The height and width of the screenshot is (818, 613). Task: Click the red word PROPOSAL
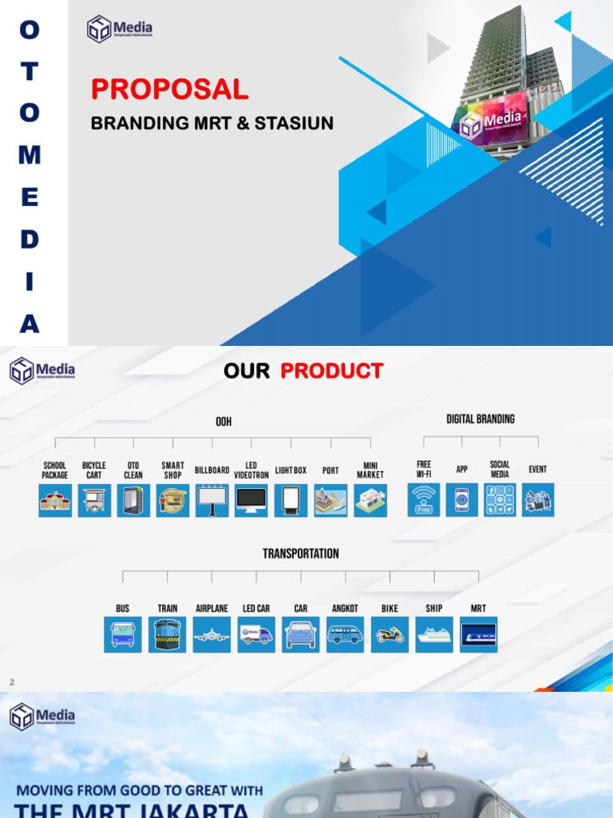tap(169, 89)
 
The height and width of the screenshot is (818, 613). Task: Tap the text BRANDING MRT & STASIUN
tap(212, 124)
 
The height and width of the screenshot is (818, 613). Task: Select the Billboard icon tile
tap(212, 500)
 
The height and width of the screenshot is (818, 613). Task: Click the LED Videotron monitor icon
tap(251, 500)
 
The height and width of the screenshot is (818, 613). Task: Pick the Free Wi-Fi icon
tap(424, 500)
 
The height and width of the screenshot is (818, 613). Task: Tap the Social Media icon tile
tap(500, 500)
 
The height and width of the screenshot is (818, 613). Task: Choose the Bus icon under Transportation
tap(123, 634)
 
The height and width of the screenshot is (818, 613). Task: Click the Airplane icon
tap(212, 634)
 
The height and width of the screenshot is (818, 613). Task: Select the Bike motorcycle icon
tap(390, 634)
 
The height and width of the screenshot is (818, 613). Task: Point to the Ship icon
tap(434, 634)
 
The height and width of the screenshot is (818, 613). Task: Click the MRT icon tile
tap(478, 634)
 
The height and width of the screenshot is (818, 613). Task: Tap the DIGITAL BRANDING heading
tap(480, 419)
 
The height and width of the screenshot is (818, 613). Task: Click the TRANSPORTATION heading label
tap(301, 554)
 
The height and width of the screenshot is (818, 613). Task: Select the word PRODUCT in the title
tap(331, 371)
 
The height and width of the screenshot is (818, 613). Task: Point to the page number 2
tap(12, 682)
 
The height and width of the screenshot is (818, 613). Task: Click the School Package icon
tap(55, 500)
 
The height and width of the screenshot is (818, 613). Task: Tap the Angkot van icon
tap(345, 634)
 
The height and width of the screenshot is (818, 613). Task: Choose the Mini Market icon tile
tap(370, 500)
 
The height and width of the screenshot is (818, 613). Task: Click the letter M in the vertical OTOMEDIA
tap(30, 154)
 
